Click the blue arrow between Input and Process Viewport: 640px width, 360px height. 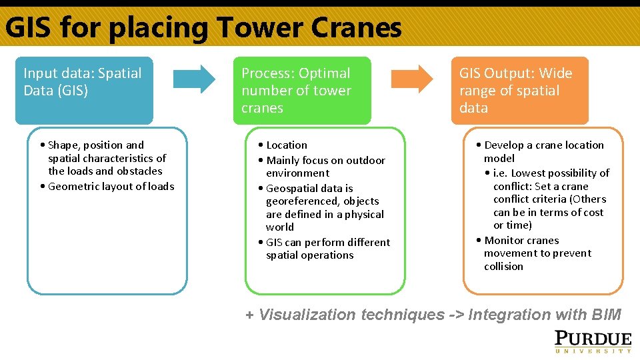click(x=194, y=78)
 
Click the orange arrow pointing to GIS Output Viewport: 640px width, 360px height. click(x=411, y=78)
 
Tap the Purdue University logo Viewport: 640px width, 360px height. click(x=593, y=340)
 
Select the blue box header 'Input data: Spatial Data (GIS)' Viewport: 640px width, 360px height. click(x=83, y=90)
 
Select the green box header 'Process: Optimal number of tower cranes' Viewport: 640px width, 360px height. click(x=301, y=90)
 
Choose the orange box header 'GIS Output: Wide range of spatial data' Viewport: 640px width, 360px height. click(x=519, y=90)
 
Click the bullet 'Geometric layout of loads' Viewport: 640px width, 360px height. click(x=110, y=187)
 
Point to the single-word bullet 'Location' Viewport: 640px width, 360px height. click(x=286, y=145)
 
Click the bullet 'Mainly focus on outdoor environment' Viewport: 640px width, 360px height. click(x=324, y=167)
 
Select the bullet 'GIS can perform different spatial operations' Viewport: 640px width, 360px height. click(x=326, y=249)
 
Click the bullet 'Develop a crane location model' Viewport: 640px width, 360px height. click(x=543, y=151)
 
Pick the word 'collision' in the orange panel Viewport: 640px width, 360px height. click(x=503, y=266)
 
